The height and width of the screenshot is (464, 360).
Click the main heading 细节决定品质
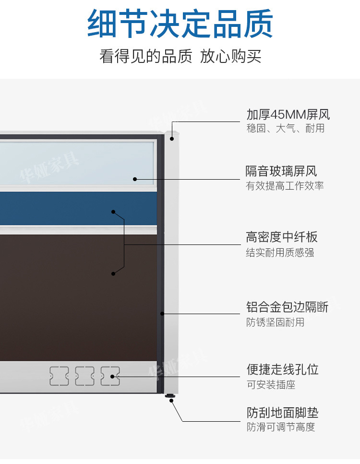pos(180,24)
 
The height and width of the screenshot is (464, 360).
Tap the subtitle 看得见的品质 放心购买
pos(180,56)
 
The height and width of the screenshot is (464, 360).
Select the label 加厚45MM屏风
pos(288,115)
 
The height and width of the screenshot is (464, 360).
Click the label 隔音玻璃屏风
pos(281,171)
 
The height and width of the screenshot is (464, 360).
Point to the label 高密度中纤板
pos(282,237)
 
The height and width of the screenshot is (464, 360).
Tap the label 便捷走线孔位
pos(282,370)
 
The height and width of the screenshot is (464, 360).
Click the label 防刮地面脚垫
pos(282,413)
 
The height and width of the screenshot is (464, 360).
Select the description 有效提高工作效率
pos(285,186)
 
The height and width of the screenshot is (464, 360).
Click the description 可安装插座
pos(271,385)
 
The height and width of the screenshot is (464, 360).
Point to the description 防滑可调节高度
pos(281,427)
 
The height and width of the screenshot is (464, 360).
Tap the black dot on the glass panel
pos(135,179)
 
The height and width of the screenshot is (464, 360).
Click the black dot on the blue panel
pos(113,212)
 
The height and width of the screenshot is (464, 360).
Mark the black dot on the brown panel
pos(113,274)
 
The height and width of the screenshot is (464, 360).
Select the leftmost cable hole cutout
pos(59,376)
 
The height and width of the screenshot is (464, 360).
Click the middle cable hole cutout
pos(84,376)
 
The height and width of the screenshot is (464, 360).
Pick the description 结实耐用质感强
pos(280,252)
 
